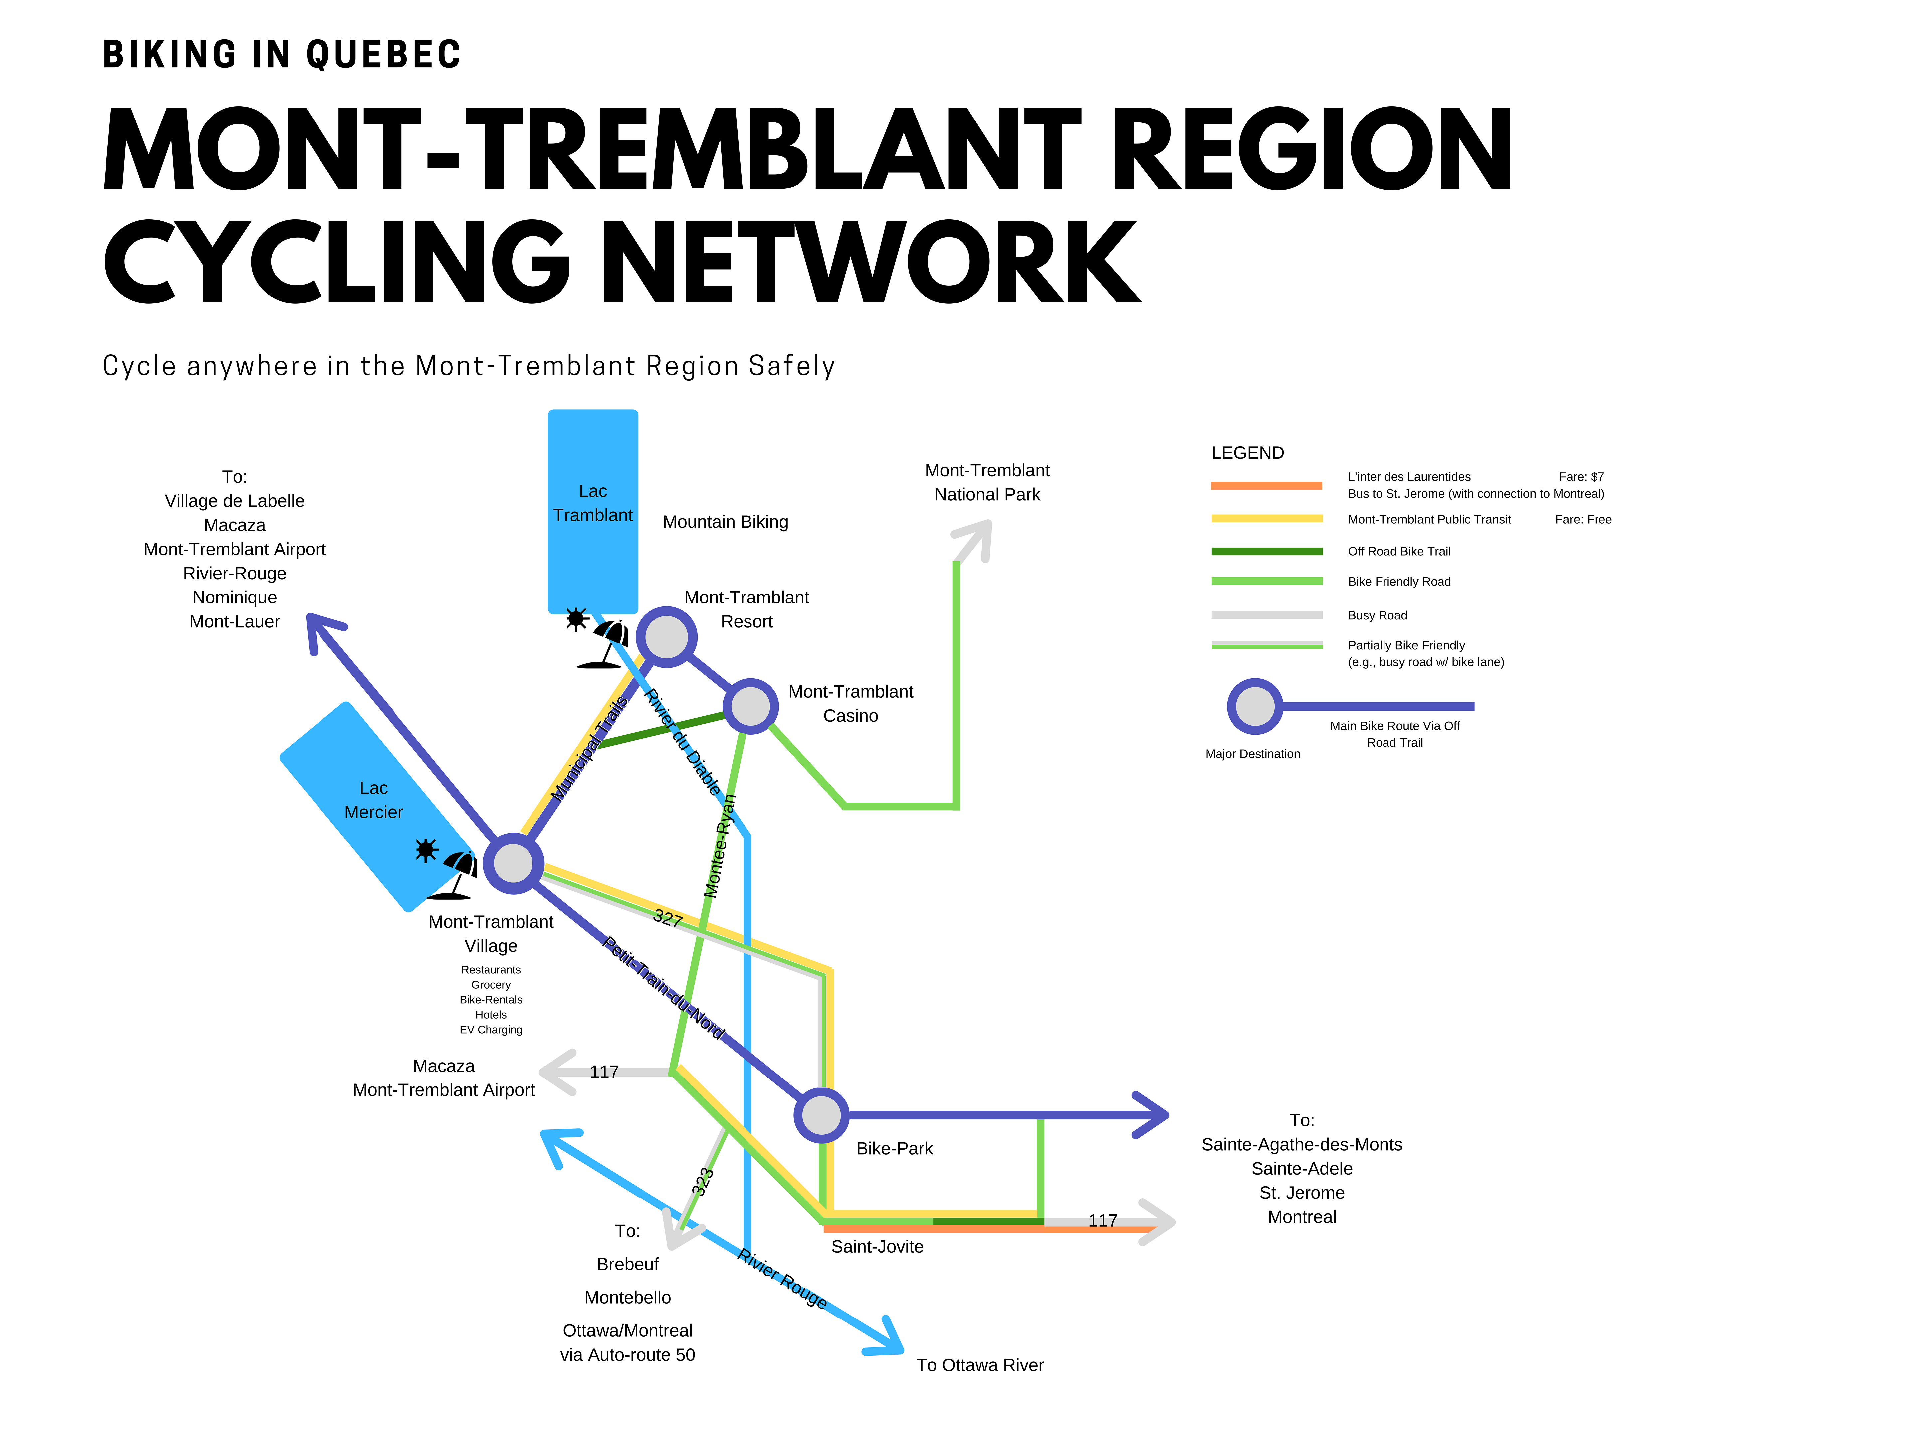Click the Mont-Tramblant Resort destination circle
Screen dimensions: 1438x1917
(x=666, y=637)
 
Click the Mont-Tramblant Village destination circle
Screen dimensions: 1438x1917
(x=513, y=863)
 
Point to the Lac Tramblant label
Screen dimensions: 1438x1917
(x=593, y=504)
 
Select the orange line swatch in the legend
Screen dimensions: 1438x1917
(x=1266, y=485)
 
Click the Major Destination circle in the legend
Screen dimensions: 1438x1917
(x=1254, y=706)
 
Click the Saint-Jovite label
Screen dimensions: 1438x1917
(x=877, y=1247)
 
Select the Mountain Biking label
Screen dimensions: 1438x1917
(x=726, y=522)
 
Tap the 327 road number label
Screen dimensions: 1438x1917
(x=667, y=918)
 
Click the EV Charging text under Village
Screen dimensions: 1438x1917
(x=491, y=1030)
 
